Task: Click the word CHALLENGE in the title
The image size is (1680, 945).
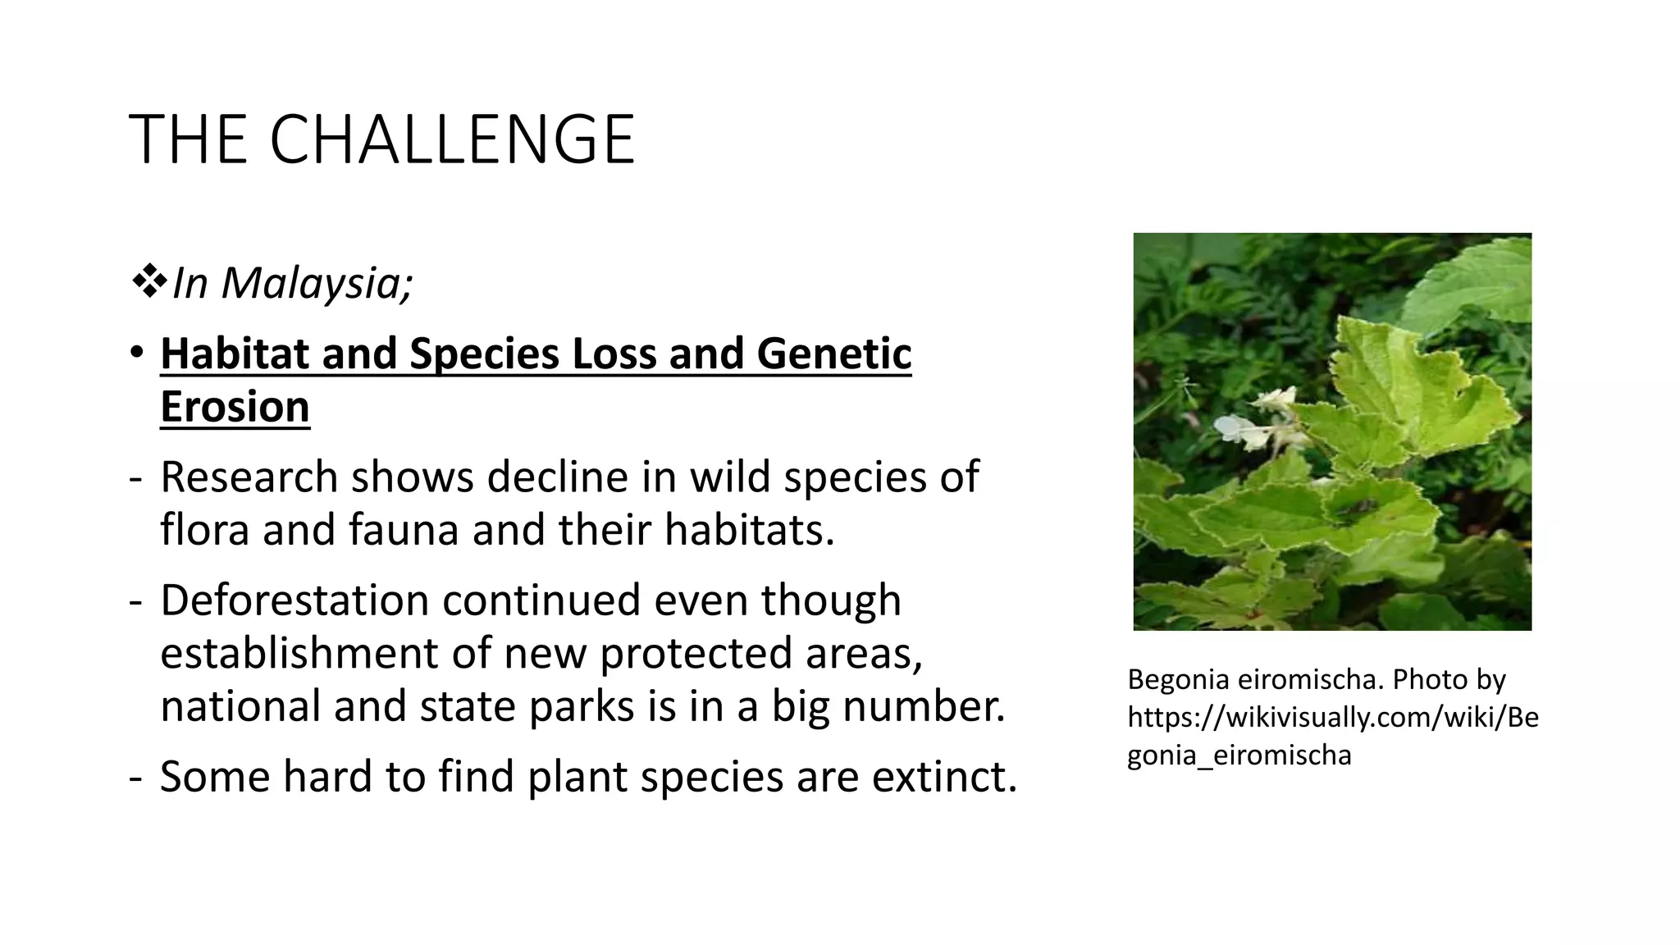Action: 452,139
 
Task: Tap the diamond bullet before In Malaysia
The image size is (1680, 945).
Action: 148,281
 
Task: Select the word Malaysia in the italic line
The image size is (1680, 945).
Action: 317,283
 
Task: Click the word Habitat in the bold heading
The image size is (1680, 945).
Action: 234,354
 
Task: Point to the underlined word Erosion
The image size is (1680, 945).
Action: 235,407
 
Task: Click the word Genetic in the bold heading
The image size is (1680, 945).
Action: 833,354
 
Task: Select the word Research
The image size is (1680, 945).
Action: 249,477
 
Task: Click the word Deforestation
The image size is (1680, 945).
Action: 294,600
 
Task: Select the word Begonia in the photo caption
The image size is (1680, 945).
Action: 1177,679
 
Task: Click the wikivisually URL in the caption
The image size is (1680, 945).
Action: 1332,717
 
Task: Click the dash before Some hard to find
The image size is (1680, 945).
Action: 135,777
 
